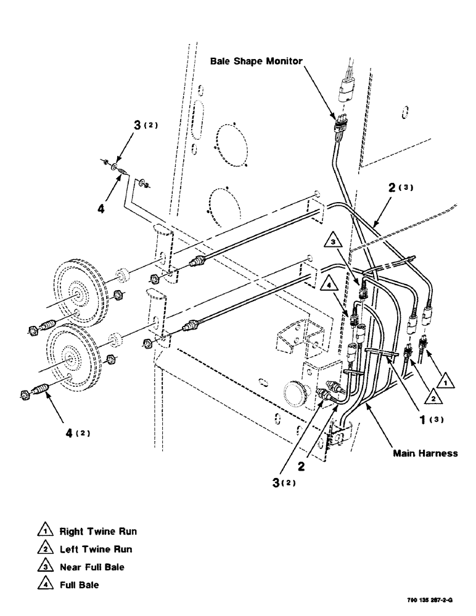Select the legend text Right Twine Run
pos(98,531)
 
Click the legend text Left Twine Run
pos(95,549)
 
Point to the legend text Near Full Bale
pos(91,567)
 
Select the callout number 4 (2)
pos(76,432)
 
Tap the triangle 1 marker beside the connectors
pos(448,382)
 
